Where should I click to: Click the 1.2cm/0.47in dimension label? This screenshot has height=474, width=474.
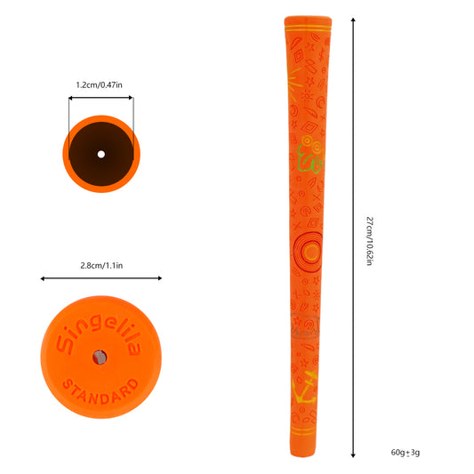tap(99, 85)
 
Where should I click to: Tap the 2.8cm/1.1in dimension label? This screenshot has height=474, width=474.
tap(101, 266)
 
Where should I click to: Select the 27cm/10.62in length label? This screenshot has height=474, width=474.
tap(370, 241)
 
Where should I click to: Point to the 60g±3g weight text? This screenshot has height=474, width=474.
tap(406, 453)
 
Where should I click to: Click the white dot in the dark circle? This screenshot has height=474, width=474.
tap(101, 155)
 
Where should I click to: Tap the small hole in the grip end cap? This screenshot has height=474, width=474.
tap(100, 358)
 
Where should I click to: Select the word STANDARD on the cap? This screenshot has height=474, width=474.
tap(101, 392)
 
